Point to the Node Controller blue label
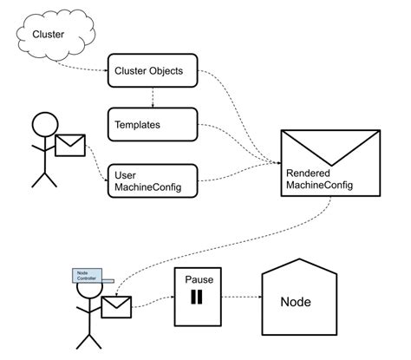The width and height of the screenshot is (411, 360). click(86, 275)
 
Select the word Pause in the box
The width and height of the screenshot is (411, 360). click(198, 280)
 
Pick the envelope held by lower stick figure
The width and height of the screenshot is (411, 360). click(115, 306)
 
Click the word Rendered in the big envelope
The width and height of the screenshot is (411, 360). click(306, 173)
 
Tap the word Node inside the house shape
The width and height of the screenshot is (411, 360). click(296, 304)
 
